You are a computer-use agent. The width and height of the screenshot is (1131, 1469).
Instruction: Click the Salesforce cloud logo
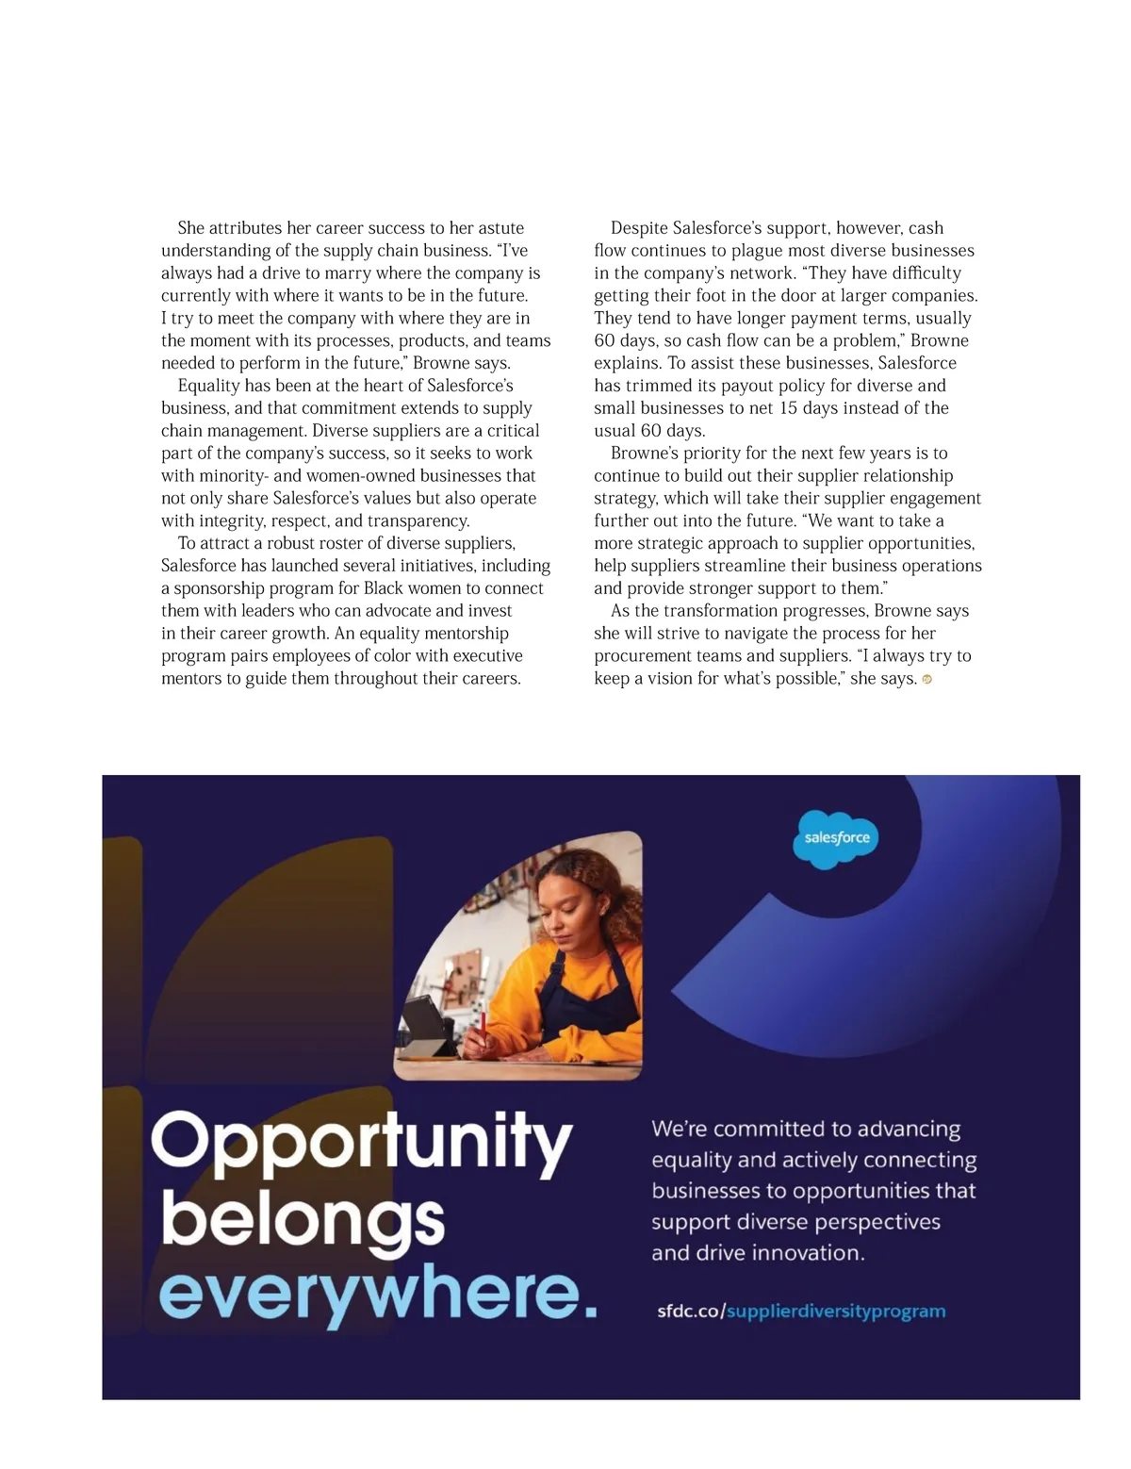837,837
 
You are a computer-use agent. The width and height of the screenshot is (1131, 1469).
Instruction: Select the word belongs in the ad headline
303,1220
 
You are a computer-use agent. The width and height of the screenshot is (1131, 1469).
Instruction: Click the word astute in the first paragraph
500,228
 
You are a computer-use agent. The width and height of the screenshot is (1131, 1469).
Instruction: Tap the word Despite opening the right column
640,228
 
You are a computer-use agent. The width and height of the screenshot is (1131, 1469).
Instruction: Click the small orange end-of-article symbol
926,680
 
